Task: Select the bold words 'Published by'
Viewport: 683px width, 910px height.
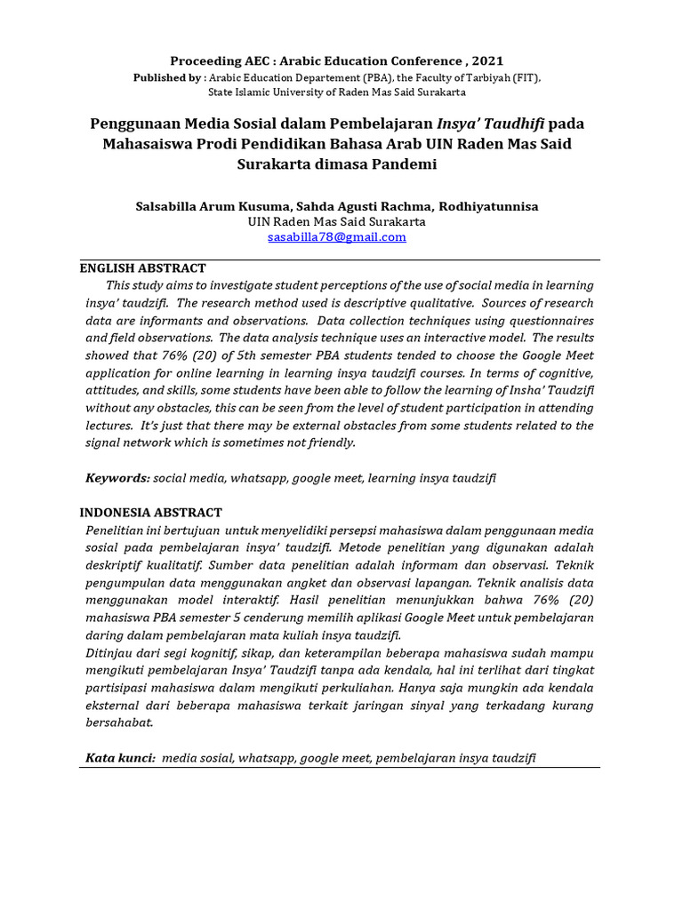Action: tap(165, 78)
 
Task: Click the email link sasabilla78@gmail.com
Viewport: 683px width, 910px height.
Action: tap(336, 237)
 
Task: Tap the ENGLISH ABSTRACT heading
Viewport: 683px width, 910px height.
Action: tap(142, 267)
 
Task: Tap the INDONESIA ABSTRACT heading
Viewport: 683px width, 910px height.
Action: tap(150, 513)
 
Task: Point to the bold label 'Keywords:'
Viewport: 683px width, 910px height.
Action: tap(117, 478)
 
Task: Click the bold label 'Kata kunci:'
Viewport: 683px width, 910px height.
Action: tap(121, 758)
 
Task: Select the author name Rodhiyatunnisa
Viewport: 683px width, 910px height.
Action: tap(488, 206)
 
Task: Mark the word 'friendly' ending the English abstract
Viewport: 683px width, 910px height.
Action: tap(331, 443)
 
